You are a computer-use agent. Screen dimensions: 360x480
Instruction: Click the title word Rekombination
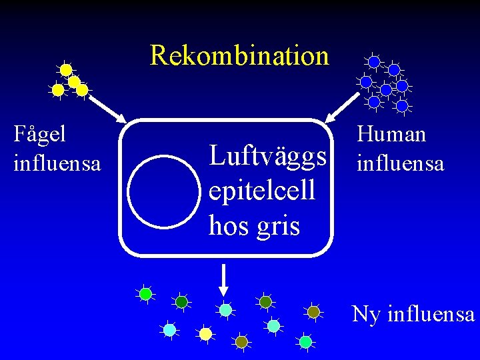[x=239, y=55]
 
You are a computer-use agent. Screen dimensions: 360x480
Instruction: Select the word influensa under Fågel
[x=57, y=162]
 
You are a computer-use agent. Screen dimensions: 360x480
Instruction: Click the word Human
[x=391, y=135]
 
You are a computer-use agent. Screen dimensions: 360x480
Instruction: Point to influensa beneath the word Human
[x=400, y=162]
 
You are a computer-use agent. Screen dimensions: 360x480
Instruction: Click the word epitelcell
[x=262, y=191]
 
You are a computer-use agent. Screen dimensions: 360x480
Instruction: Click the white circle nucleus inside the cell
[x=163, y=191]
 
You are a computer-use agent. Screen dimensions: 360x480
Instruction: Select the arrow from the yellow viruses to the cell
[x=107, y=106]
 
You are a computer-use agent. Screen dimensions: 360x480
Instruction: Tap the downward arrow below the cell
[x=224, y=279]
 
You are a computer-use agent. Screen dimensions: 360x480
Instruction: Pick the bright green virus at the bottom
[x=146, y=294]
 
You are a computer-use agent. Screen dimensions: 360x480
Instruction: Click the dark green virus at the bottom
[x=181, y=302]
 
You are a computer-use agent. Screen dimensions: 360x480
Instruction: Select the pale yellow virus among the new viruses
[x=205, y=333]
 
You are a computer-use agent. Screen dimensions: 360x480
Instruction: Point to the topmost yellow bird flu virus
[x=66, y=69]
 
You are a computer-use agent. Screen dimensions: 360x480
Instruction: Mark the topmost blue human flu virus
[x=374, y=62]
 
